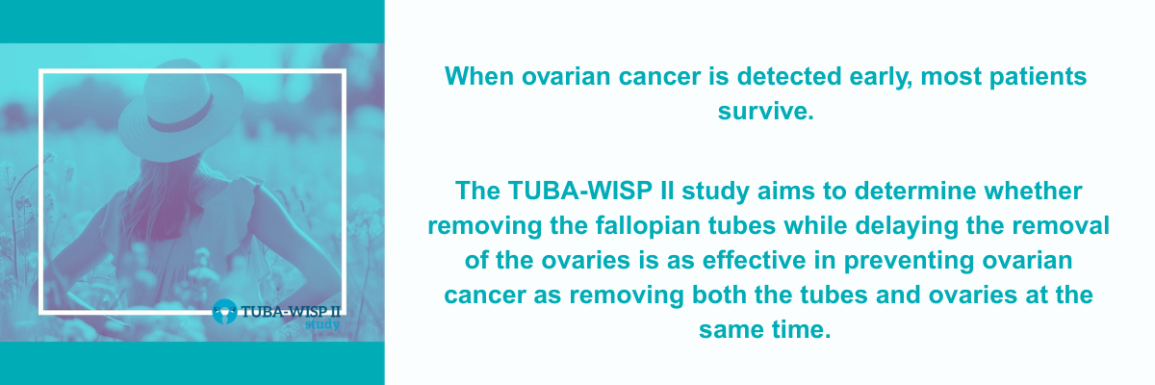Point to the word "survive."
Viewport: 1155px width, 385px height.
(x=766, y=111)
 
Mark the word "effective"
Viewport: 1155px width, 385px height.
(x=755, y=260)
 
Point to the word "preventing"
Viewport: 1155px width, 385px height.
(x=909, y=261)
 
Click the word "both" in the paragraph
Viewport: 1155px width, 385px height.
(x=719, y=295)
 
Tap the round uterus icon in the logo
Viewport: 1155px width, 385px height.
(x=224, y=312)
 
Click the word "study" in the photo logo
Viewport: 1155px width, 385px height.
(x=322, y=324)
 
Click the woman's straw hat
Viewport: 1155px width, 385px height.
(x=181, y=110)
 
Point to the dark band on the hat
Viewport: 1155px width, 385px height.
(x=182, y=115)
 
